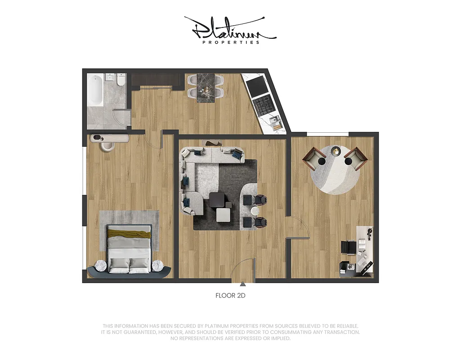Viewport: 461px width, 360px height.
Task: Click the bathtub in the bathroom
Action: pyautogui.click(x=95, y=90)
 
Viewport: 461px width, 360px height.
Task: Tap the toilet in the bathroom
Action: pyautogui.click(x=120, y=81)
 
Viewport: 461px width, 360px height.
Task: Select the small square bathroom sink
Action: pyautogui.click(x=109, y=77)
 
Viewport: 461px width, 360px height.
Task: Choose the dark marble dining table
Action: pyautogui.click(x=206, y=88)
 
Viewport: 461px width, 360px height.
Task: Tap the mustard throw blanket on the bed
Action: pyautogui.click(x=129, y=234)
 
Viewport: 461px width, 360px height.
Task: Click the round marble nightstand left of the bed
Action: pyautogui.click(x=101, y=266)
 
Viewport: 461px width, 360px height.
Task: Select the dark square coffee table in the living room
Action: pyautogui.click(x=219, y=200)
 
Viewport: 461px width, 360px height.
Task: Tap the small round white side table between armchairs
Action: pyautogui.click(x=255, y=211)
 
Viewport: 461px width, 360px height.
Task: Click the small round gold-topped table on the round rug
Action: pyautogui.click(x=336, y=152)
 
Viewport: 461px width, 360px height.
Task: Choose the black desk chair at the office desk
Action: pyautogui.click(x=348, y=247)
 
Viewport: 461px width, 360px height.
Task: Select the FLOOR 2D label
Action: pyautogui.click(x=230, y=296)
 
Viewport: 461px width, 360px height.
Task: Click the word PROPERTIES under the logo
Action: pyautogui.click(x=230, y=42)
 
